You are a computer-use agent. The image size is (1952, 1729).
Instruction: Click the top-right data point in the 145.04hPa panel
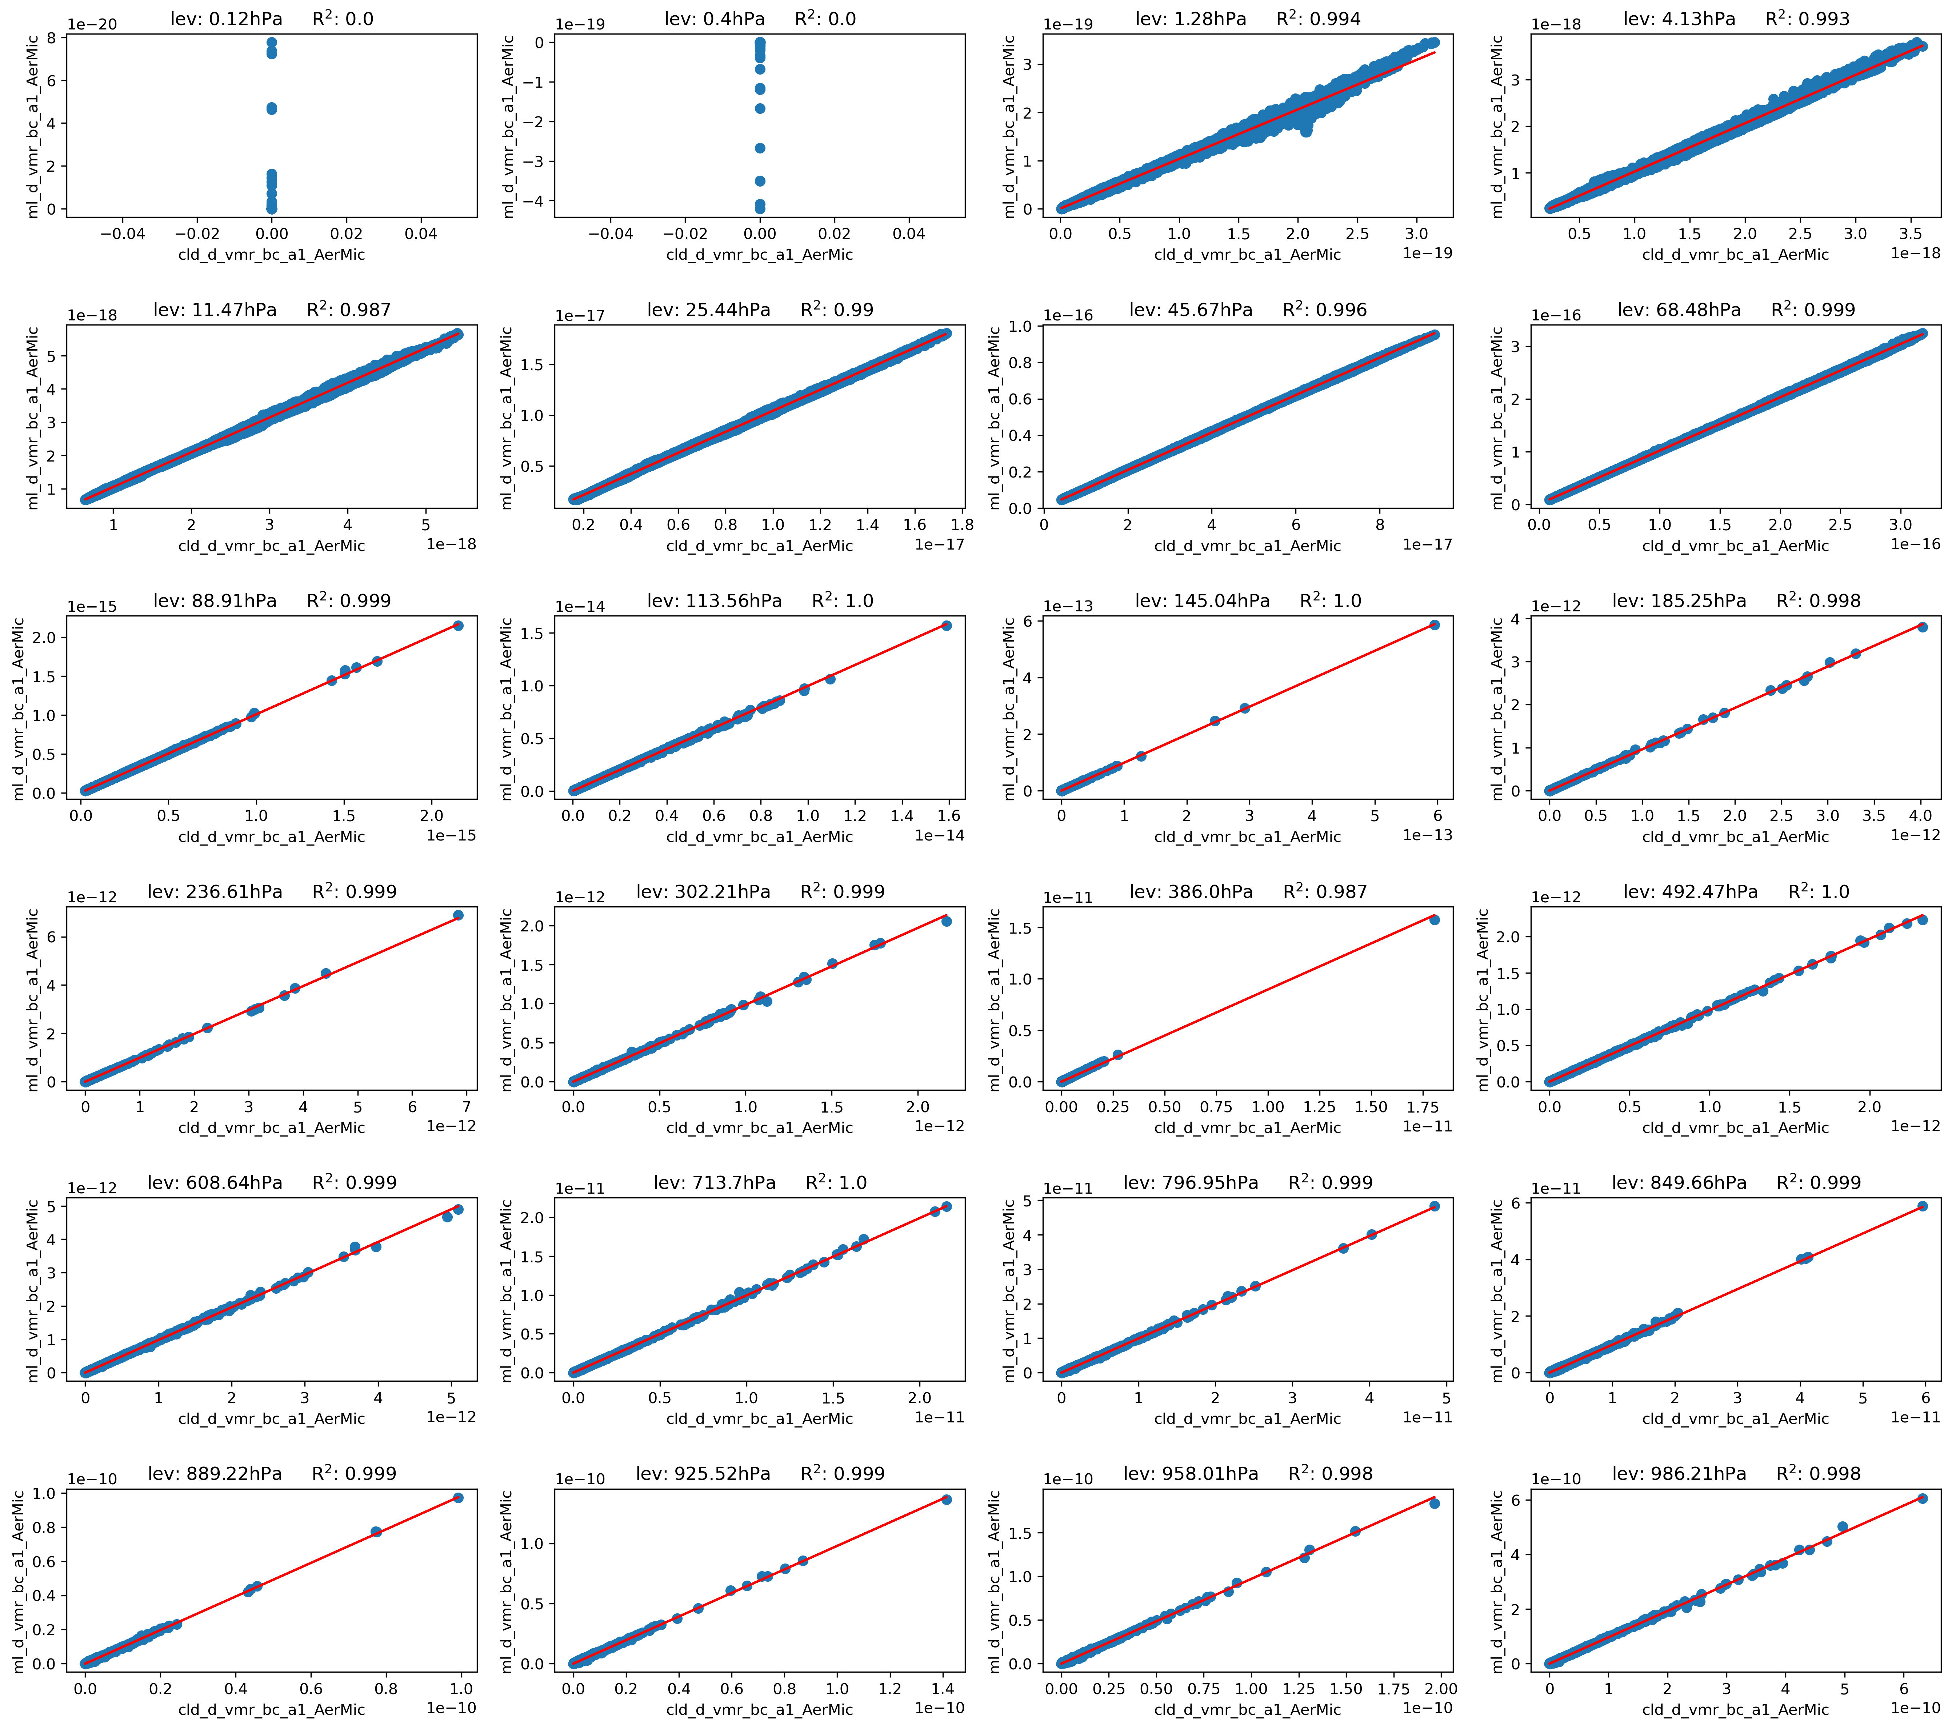click(1435, 625)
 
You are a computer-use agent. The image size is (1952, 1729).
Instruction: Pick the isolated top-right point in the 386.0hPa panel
click(1435, 920)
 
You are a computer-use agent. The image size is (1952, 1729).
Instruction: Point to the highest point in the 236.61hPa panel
click(459, 915)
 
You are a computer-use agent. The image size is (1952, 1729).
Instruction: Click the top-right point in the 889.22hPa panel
click(459, 1498)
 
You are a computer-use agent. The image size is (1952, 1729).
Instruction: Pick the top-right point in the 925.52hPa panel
click(947, 1500)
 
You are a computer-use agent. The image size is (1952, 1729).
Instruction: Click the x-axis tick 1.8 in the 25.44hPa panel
click(962, 524)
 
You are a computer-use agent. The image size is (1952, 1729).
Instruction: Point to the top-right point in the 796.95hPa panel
click(1435, 1206)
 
